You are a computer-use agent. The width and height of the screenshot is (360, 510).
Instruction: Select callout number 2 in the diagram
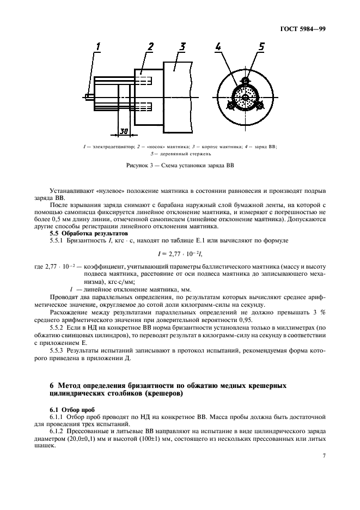(x=150, y=47)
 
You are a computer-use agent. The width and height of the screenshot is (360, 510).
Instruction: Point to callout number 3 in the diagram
(x=183, y=47)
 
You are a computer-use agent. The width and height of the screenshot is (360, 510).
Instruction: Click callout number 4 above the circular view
(x=218, y=47)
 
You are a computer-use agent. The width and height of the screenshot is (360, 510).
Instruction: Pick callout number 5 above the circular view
(x=261, y=47)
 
